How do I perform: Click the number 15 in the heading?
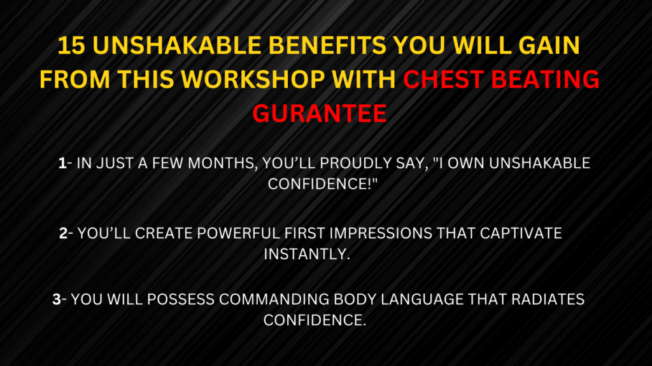(72, 45)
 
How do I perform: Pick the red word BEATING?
(545, 79)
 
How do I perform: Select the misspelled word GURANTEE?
(320, 113)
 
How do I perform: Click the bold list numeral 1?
(62, 163)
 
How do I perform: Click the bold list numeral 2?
(63, 233)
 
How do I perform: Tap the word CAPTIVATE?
(521, 233)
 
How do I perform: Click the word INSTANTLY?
(307, 254)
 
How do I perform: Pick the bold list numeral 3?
(57, 299)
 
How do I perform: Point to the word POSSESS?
(180, 299)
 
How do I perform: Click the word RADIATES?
(548, 299)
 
